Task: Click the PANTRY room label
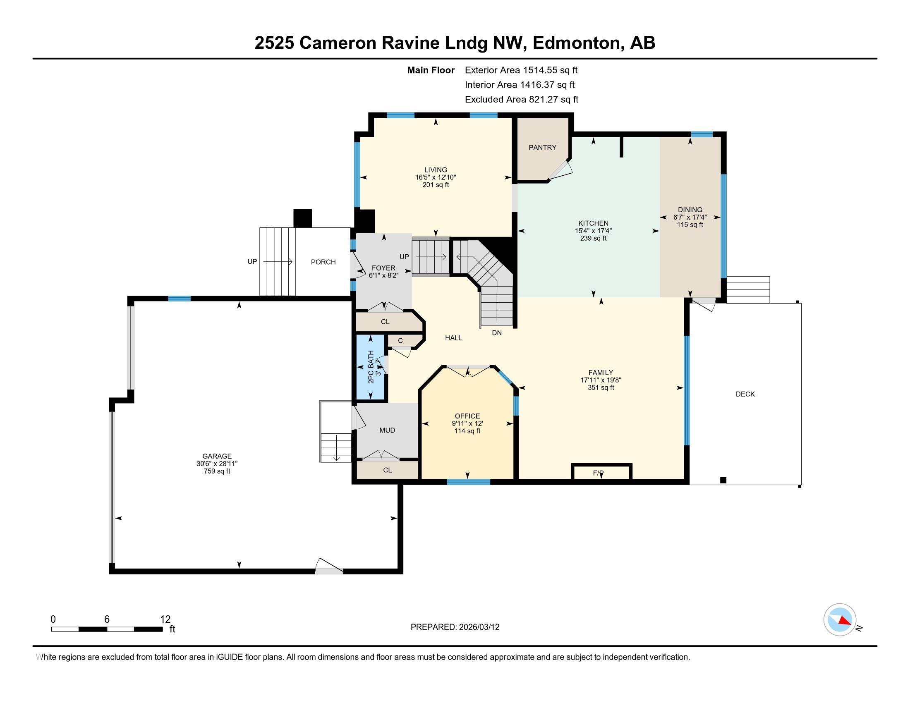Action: click(542, 148)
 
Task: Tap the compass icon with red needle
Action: click(840, 619)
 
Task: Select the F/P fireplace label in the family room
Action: click(598, 473)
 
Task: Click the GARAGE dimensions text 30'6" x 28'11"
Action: click(217, 464)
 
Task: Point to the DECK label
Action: click(745, 394)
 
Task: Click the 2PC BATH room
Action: click(371, 367)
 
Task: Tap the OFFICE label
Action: click(467, 416)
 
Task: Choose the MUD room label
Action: click(387, 430)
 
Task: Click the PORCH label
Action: click(323, 262)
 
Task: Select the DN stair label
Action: click(497, 333)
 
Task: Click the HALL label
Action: click(453, 338)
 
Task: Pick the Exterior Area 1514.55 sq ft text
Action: click(521, 70)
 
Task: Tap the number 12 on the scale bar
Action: click(165, 619)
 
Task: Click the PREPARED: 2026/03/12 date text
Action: click(455, 627)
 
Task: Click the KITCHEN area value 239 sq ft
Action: click(593, 238)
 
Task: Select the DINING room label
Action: click(690, 210)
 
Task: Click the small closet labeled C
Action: click(400, 341)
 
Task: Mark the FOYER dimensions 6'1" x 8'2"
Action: click(383, 275)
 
